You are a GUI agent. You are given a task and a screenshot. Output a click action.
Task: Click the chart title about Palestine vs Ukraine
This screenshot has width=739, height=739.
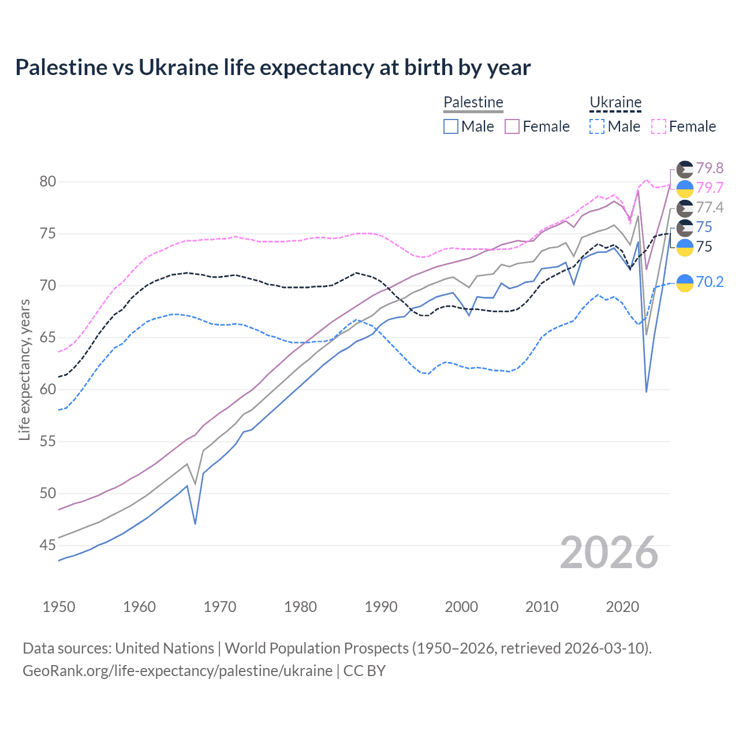[273, 68]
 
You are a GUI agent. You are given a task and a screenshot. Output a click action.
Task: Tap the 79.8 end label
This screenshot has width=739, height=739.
[710, 168]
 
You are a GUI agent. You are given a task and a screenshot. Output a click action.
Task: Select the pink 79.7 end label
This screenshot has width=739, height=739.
[710, 188]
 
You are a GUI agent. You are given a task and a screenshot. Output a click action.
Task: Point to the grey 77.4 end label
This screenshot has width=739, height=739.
[710, 207]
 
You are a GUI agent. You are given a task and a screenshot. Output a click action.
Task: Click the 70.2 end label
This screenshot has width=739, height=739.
[710, 282]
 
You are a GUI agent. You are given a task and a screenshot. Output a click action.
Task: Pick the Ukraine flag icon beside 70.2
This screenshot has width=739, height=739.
[685, 283]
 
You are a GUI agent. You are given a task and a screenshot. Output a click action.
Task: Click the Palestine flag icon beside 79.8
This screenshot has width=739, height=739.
[685, 169]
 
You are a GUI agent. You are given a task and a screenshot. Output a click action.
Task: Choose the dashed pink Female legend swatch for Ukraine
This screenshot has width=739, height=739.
[659, 126]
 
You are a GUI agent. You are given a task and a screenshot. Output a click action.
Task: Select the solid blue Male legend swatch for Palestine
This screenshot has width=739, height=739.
[451, 126]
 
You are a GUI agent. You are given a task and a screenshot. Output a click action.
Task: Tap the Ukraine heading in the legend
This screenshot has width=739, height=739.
[615, 102]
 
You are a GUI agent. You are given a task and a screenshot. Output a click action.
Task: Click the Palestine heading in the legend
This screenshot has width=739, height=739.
[473, 102]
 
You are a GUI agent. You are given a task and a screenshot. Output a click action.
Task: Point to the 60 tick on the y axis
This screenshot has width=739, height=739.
[48, 390]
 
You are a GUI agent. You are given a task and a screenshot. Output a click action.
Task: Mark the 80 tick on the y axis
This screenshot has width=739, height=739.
[48, 182]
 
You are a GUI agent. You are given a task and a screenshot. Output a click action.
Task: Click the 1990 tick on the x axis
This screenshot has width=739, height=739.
[381, 607]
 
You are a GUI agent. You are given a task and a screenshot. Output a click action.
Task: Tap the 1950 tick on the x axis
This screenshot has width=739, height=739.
[59, 607]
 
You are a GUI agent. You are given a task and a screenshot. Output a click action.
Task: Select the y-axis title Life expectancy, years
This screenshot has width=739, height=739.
[24, 369]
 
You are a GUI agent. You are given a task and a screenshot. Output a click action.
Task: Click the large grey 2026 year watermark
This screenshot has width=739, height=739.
[609, 553]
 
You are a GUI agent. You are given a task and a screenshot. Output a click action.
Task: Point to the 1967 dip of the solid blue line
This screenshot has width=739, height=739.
[195, 523]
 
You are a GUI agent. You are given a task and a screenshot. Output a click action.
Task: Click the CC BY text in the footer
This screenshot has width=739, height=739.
[364, 671]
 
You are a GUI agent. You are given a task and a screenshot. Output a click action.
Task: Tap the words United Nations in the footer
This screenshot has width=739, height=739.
[165, 648]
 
